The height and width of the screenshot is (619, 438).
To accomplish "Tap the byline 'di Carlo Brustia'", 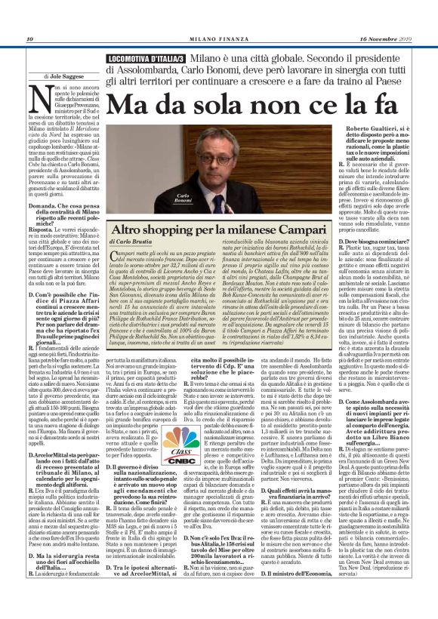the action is coord(136,241).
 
